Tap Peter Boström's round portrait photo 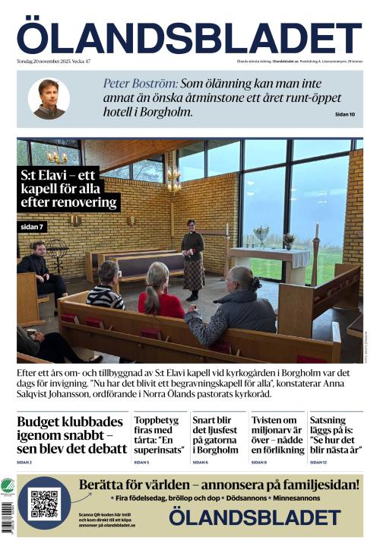click(x=49, y=98)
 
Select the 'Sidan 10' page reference click(x=344, y=114)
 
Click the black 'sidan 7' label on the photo click(x=33, y=227)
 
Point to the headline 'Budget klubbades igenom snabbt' click(x=71, y=435)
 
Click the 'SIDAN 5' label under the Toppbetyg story click(x=141, y=463)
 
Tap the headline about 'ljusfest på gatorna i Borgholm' click(x=216, y=435)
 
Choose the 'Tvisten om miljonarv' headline click(x=274, y=435)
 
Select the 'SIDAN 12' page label click(x=318, y=463)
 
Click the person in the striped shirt click(x=106, y=288)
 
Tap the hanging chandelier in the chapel click(x=173, y=180)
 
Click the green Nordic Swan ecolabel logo click(x=8, y=487)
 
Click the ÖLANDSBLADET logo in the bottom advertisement click(x=254, y=518)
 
